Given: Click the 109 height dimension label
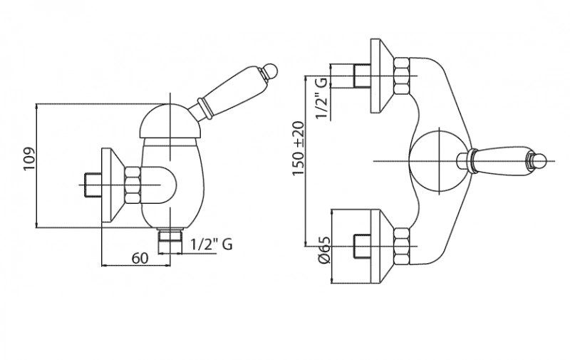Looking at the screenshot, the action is [28, 158].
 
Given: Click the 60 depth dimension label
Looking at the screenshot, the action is [140, 258].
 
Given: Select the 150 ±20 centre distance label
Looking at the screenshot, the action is [298, 148].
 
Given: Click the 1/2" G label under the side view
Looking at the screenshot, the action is [212, 244].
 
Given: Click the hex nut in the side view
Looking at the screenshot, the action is [133, 185].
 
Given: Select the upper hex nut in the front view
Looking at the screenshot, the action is [402, 76].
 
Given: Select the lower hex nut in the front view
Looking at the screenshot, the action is [402, 246].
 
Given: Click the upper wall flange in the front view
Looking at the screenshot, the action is [382, 76].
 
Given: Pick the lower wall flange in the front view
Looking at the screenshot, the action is [382, 246].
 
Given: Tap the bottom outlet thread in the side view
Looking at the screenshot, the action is [170, 240].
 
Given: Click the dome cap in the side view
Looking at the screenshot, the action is [170, 121].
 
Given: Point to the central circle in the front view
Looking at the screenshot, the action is [439, 161].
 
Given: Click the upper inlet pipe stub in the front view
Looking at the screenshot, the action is [362, 76].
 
